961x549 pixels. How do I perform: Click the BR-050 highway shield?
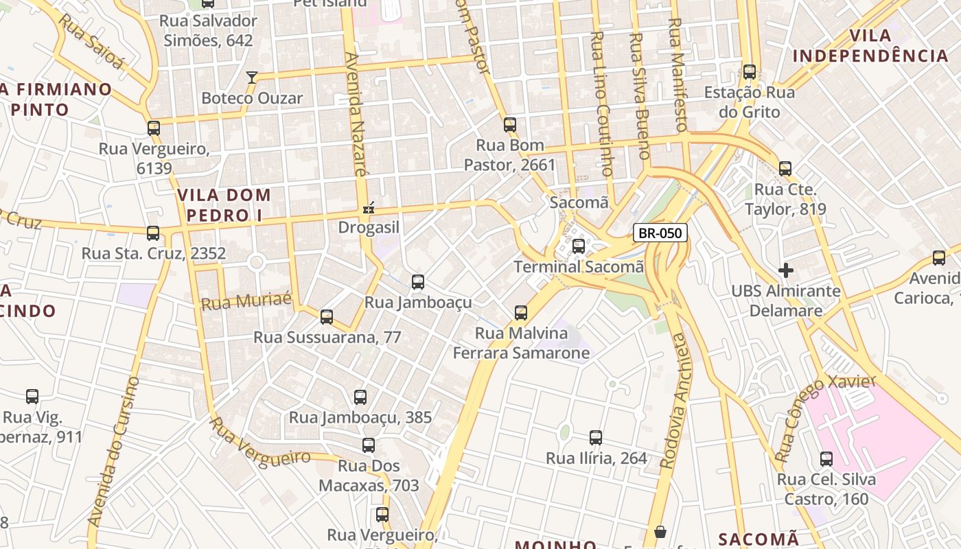point(660,233)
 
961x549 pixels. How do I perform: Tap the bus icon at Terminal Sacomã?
point(579,246)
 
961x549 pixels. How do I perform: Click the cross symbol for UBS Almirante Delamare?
point(786,270)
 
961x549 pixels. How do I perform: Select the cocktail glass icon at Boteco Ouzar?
point(252,77)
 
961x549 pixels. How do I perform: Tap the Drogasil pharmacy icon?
point(369,207)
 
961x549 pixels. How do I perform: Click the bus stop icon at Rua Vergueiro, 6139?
point(154,128)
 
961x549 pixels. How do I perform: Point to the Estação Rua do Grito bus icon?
point(750,72)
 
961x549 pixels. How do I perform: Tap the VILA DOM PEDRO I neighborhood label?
point(224,205)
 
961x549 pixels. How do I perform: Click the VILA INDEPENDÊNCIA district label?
point(870,46)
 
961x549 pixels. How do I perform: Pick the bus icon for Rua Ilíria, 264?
point(596,438)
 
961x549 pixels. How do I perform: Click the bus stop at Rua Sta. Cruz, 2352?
point(153,233)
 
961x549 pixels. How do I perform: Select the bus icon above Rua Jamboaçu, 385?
point(360,397)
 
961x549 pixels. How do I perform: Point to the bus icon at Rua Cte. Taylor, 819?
point(785,169)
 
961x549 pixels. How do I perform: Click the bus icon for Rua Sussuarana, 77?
point(327,317)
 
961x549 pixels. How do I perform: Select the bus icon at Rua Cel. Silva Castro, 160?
point(826,459)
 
